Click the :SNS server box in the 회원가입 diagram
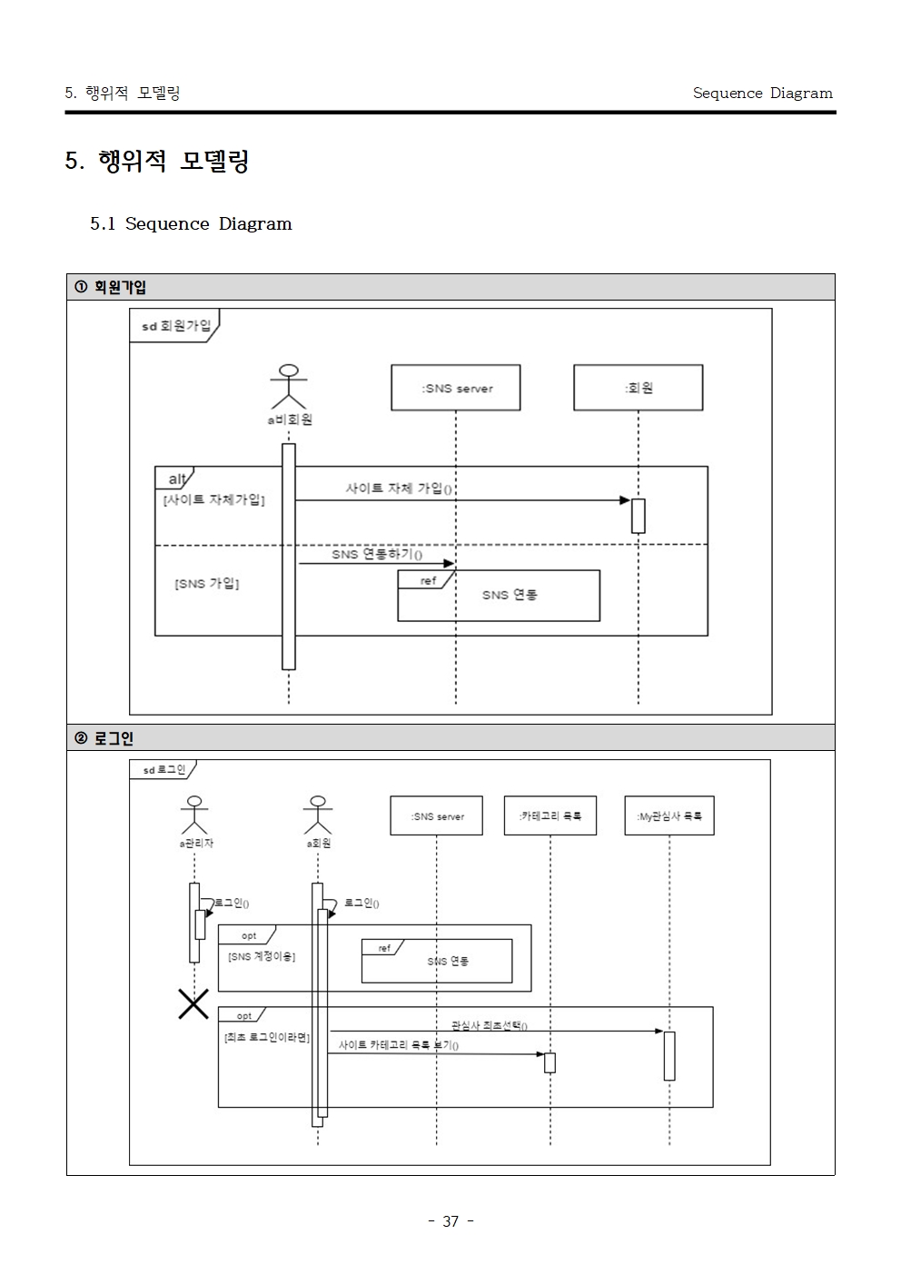(456, 388)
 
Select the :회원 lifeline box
(639, 388)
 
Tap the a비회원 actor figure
(289, 387)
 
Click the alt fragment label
(177, 479)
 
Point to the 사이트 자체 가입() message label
(399, 489)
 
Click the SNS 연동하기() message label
(377, 554)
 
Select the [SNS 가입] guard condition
(206, 584)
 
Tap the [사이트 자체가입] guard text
(213, 499)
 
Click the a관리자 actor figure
(194, 815)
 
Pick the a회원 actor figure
(318, 815)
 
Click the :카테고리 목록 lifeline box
(550, 815)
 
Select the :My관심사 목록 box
(669, 815)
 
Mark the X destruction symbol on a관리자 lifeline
(194, 1003)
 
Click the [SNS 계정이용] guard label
(262, 957)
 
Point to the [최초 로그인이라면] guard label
(267, 1037)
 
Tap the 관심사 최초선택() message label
(490, 1025)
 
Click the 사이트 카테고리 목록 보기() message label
(399, 1045)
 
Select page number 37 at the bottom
(450, 1221)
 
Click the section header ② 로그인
(104, 738)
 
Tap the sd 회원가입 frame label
(176, 326)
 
